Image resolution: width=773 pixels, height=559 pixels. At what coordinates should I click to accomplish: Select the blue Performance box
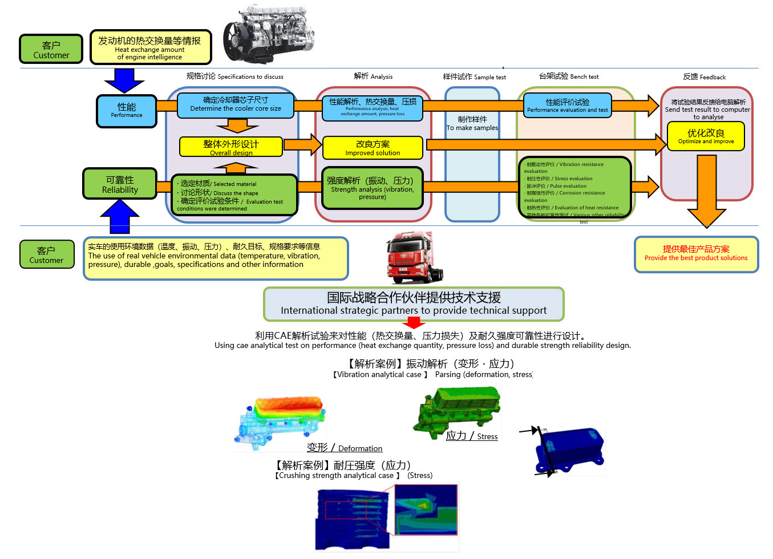(126, 111)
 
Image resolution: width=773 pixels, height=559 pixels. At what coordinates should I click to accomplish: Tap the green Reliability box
(120, 184)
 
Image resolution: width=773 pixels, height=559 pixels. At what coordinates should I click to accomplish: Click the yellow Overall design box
(231, 147)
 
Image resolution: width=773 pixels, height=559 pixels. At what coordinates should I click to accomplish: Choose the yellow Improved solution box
(373, 147)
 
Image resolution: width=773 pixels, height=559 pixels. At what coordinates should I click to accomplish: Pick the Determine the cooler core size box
(236, 104)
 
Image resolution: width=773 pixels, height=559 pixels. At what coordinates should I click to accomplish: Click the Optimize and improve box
(706, 136)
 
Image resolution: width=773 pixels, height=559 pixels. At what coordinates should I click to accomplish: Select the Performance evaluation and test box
(567, 106)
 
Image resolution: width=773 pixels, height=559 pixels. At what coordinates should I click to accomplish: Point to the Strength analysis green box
(372, 188)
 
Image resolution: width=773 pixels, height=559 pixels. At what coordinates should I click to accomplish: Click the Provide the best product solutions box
(696, 254)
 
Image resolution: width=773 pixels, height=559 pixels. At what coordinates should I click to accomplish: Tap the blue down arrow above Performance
(124, 80)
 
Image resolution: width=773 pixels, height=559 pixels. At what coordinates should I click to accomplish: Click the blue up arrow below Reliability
(120, 217)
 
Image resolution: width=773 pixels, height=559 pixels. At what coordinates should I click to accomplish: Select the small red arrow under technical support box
(414, 323)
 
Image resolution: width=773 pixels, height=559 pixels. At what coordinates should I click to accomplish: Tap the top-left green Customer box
(51, 49)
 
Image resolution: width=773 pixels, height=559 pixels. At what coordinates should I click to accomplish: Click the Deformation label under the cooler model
(345, 448)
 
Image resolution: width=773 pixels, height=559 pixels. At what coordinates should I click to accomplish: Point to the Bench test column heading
(569, 76)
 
